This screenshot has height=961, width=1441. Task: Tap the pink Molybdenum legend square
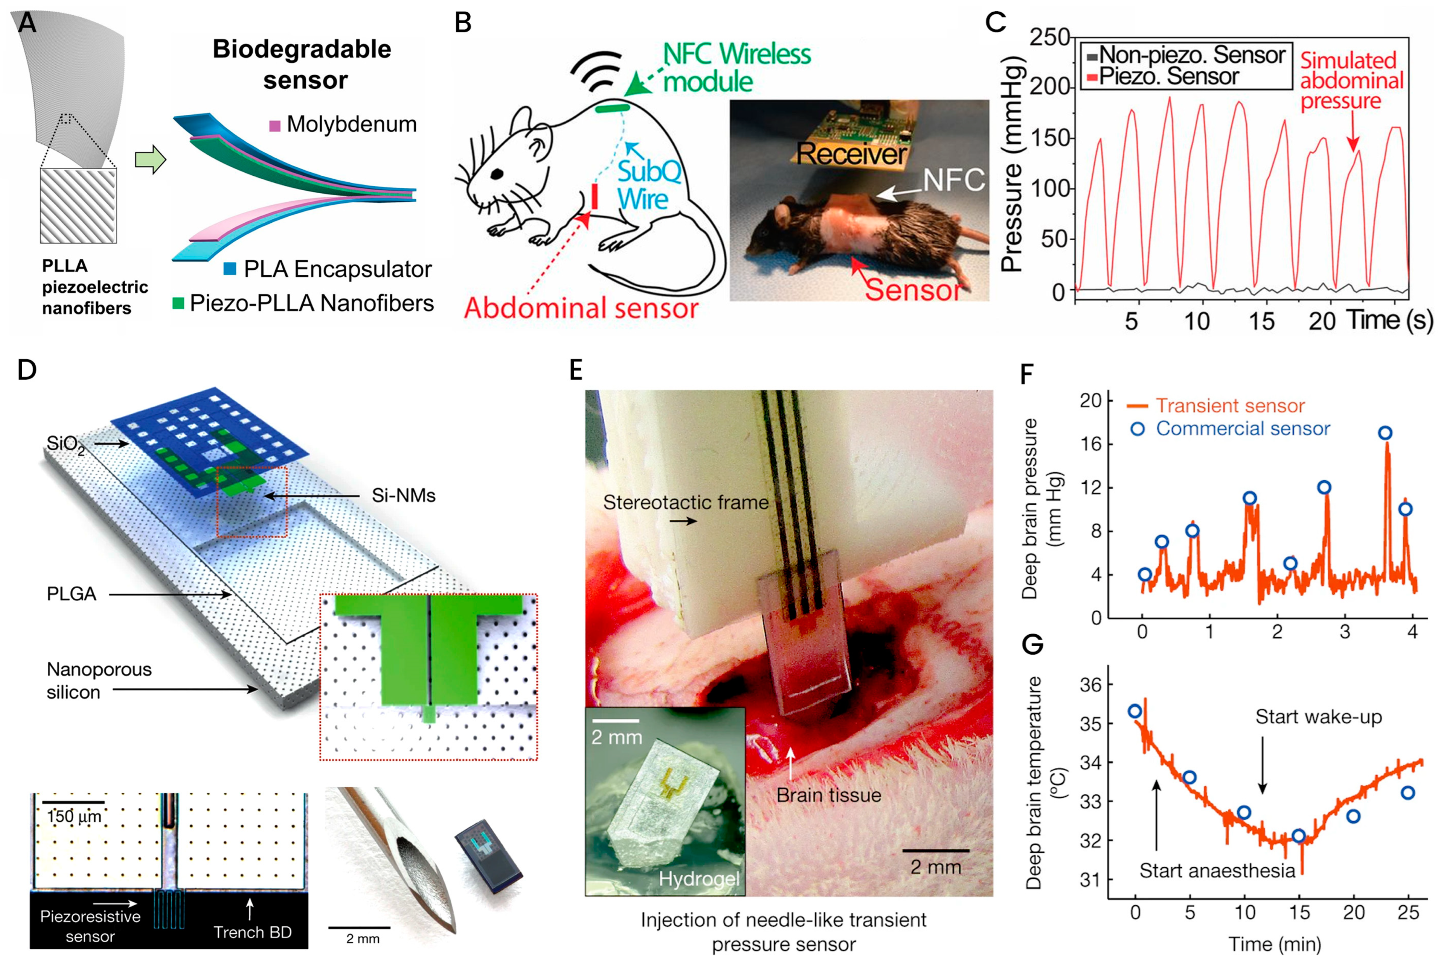click(x=275, y=126)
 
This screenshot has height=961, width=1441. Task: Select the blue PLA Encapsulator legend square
click(x=230, y=268)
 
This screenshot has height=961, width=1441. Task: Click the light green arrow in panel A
click(x=150, y=160)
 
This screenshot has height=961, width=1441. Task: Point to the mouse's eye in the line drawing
click(x=497, y=175)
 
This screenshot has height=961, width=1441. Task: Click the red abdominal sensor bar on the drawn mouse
click(x=594, y=196)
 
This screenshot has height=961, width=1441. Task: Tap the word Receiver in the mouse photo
click(x=852, y=153)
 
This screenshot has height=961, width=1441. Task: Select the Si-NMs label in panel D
click(x=403, y=495)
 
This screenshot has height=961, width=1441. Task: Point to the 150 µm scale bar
click(x=74, y=802)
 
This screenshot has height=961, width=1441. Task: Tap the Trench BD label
click(x=252, y=932)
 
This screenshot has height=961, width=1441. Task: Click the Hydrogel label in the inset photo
click(x=699, y=879)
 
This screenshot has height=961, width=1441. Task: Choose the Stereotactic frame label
click(x=685, y=502)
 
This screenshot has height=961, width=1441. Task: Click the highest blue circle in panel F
click(x=1384, y=433)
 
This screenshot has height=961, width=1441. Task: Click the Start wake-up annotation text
click(x=1318, y=717)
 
